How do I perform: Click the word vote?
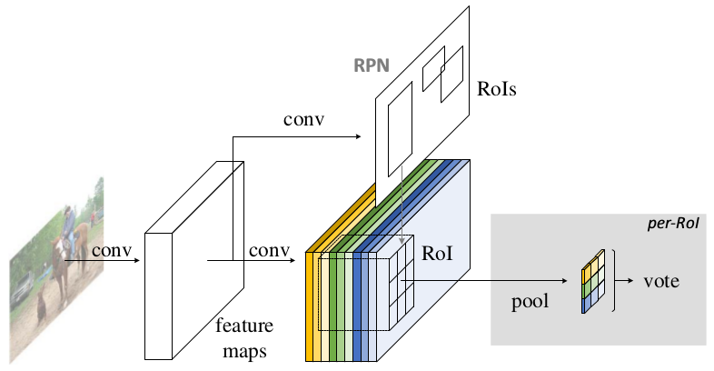(x=661, y=281)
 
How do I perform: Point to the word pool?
(x=531, y=300)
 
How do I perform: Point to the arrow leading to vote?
(x=627, y=281)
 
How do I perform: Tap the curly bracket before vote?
(x=614, y=281)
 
